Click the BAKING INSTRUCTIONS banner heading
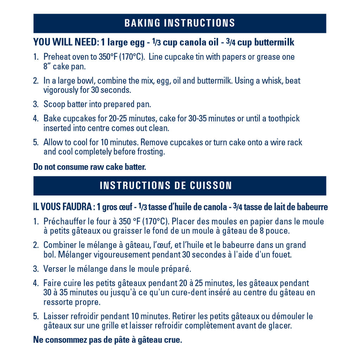coord(180,23)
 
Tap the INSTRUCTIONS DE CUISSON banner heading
coord(166,186)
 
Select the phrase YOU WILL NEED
coord(66,43)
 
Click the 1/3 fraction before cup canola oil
coord(157,43)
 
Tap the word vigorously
coord(60,90)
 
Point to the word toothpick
coord(284,118)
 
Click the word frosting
coord(152,152)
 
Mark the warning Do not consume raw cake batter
coord(89,167)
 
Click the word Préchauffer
coord(64,222)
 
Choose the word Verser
coord(55,269)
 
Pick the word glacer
coord(280,326)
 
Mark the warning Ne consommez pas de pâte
coord(107,340)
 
